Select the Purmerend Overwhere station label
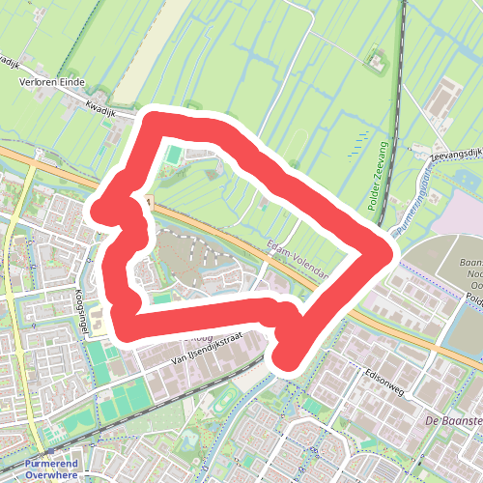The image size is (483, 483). coord(53,469)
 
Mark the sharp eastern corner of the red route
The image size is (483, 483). coord(391,253)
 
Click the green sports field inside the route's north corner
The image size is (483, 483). coord(172,153)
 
